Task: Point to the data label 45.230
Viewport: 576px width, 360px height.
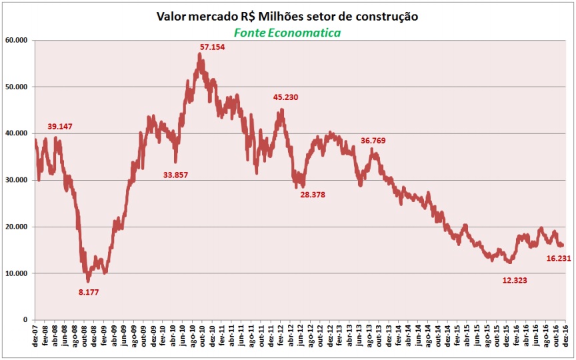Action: click(x=286, y=97)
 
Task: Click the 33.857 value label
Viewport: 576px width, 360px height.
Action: click(x=177, y=175)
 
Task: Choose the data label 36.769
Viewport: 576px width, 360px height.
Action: click(x=373, y=141)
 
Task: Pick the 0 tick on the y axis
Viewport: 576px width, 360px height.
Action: click(x=24, y=320)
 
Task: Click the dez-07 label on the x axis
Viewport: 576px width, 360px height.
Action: click(x=35, y=337)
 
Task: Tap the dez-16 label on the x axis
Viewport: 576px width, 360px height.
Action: click(x=567, y=337)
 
